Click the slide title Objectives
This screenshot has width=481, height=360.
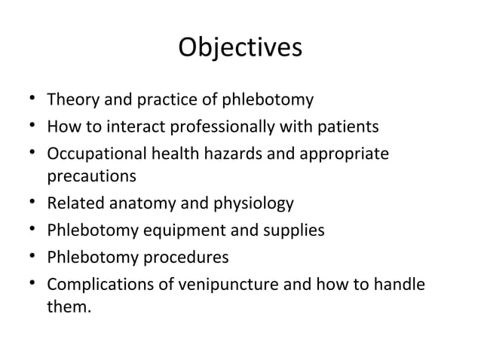[240, 47]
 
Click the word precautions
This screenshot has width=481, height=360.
[91, 176]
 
